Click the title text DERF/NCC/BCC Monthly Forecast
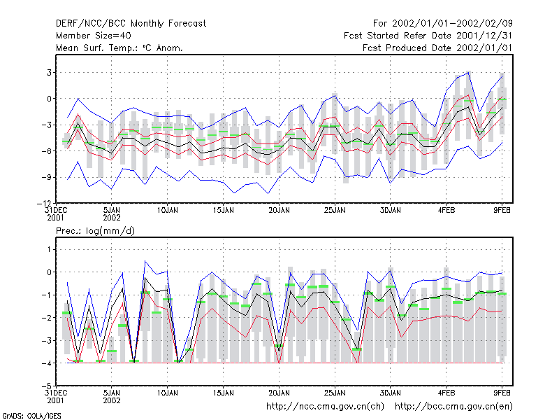coord(131,24)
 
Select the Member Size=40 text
coord(94,36)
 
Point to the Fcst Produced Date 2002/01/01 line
coord(437,48)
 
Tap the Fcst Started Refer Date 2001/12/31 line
coord(428,36)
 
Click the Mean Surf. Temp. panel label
coord(119,48)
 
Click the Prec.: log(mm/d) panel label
coord(95,231)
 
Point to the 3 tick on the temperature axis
coord(49,73)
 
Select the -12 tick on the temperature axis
coord(44,203)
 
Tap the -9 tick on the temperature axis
coord(47,177)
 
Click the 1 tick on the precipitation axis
coord(49,249)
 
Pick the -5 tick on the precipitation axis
coord(47,386)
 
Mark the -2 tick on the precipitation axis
coord(47,318)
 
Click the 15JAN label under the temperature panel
coord(224,210)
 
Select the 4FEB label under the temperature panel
coord(447,210)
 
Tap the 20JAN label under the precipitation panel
coord(279,393)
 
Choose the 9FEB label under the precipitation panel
coord(502,393)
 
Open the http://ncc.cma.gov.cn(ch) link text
coord(325,407)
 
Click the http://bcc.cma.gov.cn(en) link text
coord(453,407)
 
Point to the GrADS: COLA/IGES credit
coord(31,416)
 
